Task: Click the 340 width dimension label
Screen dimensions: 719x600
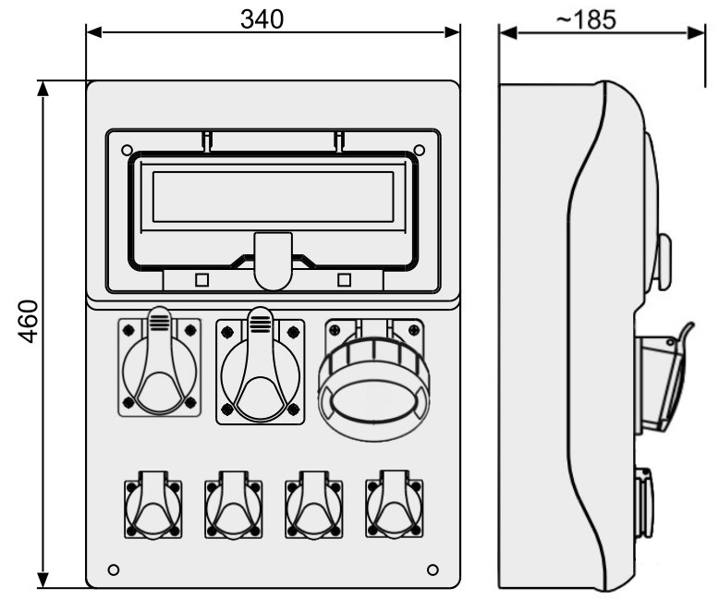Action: coord(262,19)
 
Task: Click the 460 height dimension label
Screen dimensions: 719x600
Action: coord(28,321)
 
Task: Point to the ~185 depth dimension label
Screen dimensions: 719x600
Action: coord(586,20)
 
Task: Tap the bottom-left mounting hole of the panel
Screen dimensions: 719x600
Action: coord(114,569)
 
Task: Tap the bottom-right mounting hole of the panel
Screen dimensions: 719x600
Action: coord(433,569)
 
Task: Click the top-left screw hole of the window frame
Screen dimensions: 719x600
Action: coord(127,150)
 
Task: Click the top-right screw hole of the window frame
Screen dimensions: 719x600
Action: coord(420,150)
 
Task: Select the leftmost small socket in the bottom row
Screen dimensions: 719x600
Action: coord(153,504)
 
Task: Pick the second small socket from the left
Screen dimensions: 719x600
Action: coord(234,504)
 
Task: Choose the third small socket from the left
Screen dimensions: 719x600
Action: coord(314,504)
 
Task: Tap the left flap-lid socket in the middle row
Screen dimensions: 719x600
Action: coord(160,361)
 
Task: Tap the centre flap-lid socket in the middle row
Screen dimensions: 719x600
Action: coord(260,365)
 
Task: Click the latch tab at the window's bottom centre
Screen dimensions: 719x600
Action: coord(274,261)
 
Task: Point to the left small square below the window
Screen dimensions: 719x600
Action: coord(201,280)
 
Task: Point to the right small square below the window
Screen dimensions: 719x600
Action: coord(344,280)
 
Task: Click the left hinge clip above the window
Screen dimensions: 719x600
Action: coord(207,141)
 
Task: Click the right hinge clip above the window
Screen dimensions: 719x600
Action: coord(339,141)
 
